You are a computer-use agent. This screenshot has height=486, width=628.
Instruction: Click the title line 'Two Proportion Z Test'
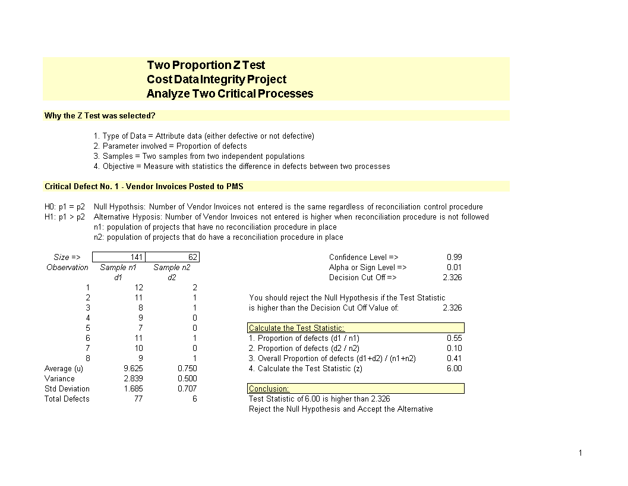(206, 65)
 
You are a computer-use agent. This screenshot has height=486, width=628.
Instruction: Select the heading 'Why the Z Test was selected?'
(100, 115)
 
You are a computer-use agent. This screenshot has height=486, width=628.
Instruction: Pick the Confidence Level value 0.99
(454, 257)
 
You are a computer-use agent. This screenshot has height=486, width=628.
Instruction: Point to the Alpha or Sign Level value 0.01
(454, 267)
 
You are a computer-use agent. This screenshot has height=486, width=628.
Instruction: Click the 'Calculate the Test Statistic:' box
(355, 328)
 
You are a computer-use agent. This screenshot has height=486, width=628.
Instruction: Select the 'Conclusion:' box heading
(355, 388)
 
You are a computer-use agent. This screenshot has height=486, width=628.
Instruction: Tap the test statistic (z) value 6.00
(454, 368)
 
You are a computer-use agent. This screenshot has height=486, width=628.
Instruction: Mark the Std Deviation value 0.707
(187, 388)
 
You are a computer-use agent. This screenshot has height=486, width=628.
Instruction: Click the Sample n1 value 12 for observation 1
(138, 287)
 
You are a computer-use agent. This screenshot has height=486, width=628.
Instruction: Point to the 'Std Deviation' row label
(67, 388)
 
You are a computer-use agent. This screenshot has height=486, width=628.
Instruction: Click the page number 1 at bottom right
(580, 453)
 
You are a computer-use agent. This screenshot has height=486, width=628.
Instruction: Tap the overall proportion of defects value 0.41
(454, 358)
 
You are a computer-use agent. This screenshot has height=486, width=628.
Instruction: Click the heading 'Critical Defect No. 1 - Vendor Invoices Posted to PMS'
(144, 186)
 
